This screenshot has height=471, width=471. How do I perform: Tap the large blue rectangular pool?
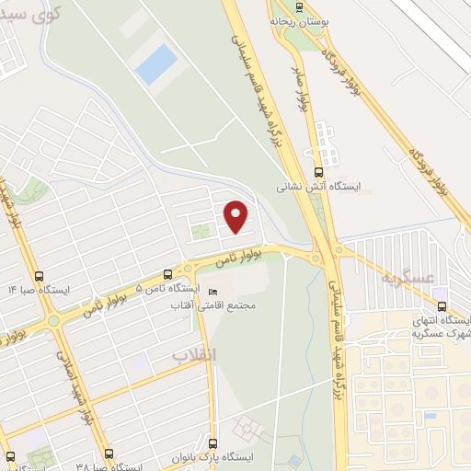coord(155,63)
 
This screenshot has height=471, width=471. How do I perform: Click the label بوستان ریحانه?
coord(296,18)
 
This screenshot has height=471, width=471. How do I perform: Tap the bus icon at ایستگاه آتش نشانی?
coord(319,171)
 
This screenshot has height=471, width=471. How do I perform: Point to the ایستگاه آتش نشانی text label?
coord(320,186)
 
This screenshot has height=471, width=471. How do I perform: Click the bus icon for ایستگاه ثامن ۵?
coord(167,274)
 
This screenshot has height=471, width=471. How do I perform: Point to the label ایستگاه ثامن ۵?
coord(153,288)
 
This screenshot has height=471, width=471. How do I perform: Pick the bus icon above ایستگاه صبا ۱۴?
coord(39,275)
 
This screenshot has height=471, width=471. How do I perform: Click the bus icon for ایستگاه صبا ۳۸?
coord(109,454)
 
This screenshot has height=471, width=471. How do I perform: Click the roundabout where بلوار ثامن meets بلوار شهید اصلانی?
coord(53,321)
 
